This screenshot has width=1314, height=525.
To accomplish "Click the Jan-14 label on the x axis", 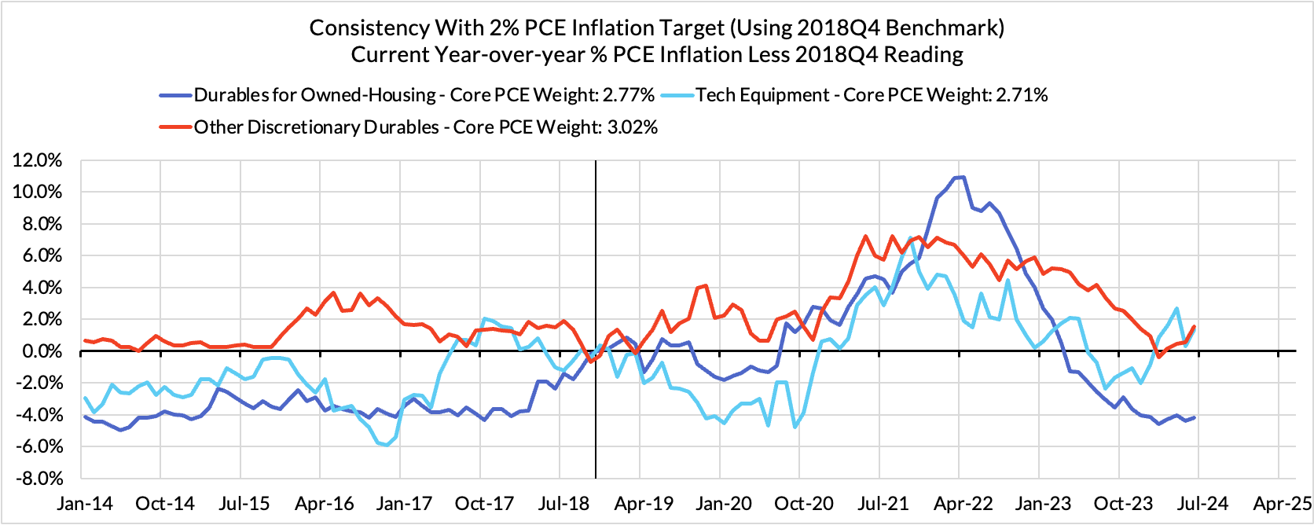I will [x=81, y=503].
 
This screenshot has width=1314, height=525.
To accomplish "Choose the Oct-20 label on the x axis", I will [x=799, y=503].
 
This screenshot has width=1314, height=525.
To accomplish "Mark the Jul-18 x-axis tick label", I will [x=560, y=503].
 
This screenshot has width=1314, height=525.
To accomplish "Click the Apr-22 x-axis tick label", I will [x=960, y=503].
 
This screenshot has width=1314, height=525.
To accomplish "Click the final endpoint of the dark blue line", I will [x=1195, y=417].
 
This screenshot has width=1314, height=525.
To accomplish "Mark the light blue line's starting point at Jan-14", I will [x=84, y=398].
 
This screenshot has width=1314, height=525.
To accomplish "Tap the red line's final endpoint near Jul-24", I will [x=1195, y=326].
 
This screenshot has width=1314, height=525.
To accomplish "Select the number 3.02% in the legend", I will [x=631, y=127].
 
